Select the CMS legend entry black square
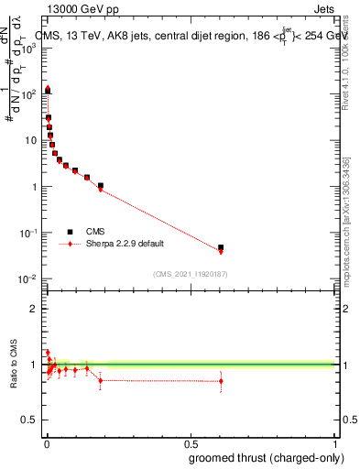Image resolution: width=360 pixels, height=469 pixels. point(70,233)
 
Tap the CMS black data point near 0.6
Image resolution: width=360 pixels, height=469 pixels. point(221,247)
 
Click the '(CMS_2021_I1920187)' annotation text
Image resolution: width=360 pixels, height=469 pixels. point(190,273)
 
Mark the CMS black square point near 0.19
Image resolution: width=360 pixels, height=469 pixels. point(101,186)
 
